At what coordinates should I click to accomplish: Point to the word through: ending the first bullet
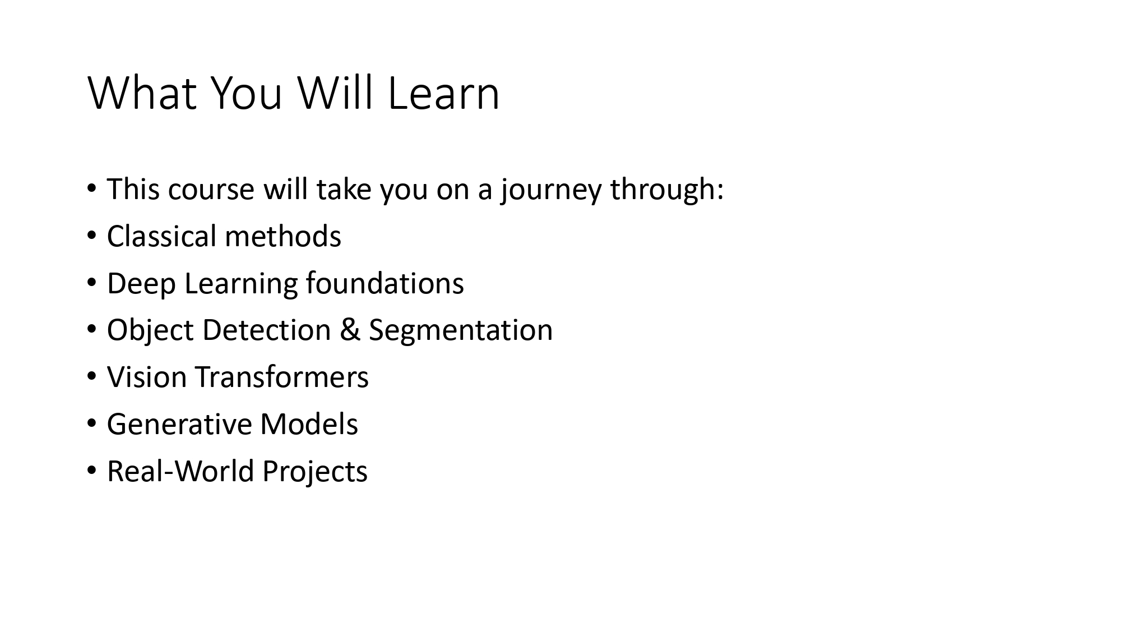(667, 190)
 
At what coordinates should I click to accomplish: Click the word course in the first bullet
(211, 190)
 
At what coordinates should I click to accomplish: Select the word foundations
(385, 283)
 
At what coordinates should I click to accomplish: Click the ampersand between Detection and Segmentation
(350, 330)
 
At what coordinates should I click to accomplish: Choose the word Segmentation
(461, 330)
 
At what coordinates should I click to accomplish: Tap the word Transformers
(282, 377)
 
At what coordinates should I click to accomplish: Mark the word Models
(309, 424)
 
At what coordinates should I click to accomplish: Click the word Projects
(315, 471)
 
